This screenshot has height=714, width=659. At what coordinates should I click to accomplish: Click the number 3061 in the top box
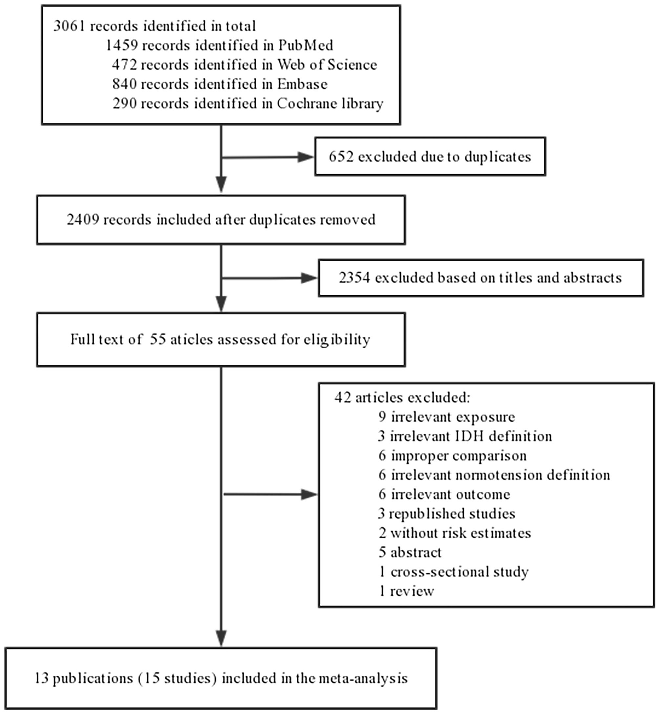(x=69, y=26)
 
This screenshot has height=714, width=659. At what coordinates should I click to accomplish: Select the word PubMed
(x=306, y=45)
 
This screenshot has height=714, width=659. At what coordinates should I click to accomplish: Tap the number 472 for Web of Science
(x=125, y=65)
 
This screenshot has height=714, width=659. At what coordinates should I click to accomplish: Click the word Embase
(x=302, y=84)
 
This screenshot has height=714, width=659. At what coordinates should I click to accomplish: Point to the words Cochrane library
(x=330, y=103)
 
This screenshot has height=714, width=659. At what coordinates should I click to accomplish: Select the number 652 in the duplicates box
(x=341, y=157)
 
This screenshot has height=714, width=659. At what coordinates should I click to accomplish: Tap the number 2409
(x=83, y=220)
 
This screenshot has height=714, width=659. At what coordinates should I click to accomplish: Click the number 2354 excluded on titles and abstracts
(x=354, y=278)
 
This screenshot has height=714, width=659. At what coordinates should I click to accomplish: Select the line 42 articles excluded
(x=402, y=398)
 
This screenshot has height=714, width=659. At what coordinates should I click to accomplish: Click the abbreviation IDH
(x=470, y=436)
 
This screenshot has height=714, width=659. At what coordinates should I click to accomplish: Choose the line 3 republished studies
(x=446, y=514)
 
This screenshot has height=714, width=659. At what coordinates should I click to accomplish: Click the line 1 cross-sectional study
(x=453, y=572)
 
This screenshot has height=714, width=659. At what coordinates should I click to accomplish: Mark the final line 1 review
(x=406, y=591)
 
